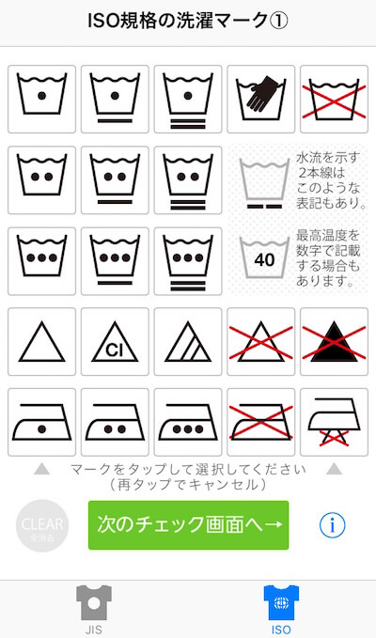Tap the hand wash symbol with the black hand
tap(260, 99)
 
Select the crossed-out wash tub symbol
tap(334, 99)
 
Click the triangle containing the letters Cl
tap(115, 341)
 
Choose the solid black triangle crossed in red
tap(334, 341)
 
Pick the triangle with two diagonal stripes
tap(188, 341)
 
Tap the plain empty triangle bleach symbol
tap(42, 341)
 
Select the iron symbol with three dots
tap(188, 422)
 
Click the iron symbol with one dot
tap(42, 422)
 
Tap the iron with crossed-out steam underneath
tap(334, 422)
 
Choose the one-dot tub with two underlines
tap(188, 99)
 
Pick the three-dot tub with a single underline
tap(115, 261)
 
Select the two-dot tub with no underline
tap(42, 179)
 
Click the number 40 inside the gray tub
tap(264, 260)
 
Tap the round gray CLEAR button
tap(42, 525)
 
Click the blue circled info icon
tap(333, 525)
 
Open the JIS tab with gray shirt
tap(94, 609)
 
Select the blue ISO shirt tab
tap(281, 609)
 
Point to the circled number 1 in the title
tap(279, 21)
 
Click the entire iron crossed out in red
tap(260, 422)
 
